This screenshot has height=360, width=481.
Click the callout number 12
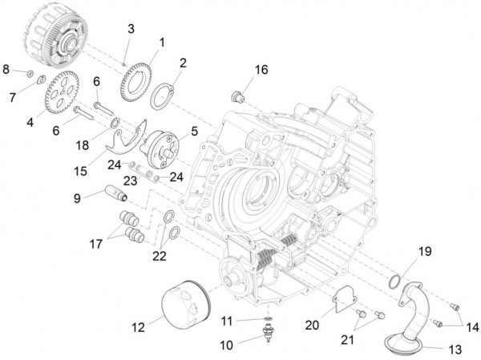138,326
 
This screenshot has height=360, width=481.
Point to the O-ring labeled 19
394,281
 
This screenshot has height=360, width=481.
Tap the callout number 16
261,70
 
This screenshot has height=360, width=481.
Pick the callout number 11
228,321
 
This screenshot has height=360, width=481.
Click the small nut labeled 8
28,75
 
